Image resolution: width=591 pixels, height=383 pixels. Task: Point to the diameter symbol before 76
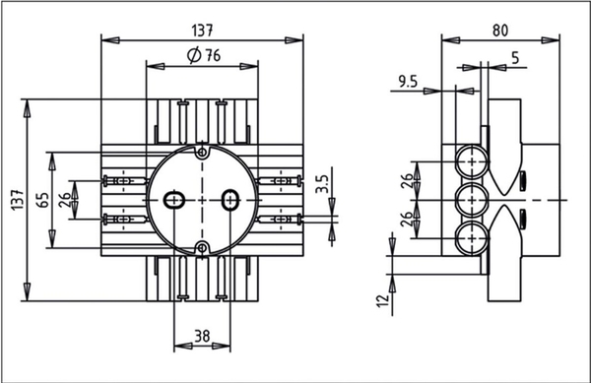click(x=194, y=56)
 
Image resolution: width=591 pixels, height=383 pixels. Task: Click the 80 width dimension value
click(x=500, y=31)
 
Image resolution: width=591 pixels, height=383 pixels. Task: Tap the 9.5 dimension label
click(x=408, y=82)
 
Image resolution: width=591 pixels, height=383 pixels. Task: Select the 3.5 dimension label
click(x=323, y=184)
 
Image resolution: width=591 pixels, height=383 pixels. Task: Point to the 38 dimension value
click(x=202, y=336)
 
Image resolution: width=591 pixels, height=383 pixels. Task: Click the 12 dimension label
click(x=382, y=300)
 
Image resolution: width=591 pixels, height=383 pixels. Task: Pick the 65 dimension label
click(x=43, y=200)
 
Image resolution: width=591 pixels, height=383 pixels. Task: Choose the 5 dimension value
click(x=515, y=58)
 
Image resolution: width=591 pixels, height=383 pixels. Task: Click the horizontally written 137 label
click(x=202, y=31)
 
